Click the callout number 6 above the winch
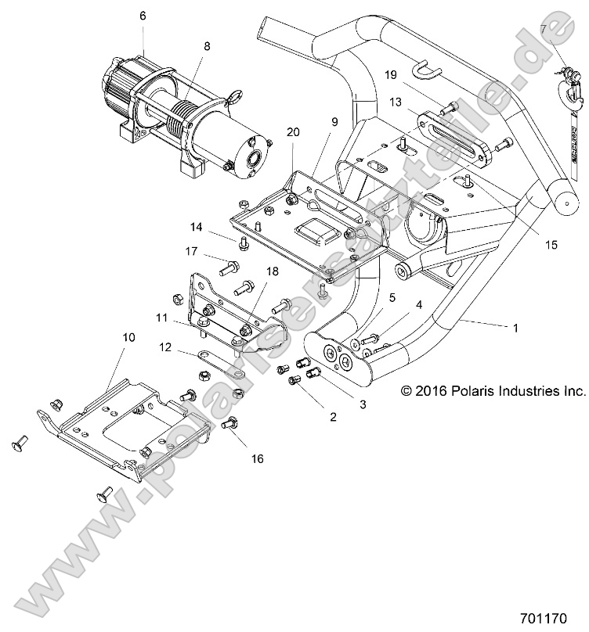click(x=142, y=15)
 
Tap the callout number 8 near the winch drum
click(x=207, y=47)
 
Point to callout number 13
click(x=396, y=102)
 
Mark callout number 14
click(x=195, y=228)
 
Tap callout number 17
click(x=190, y=252)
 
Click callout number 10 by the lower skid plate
click(x=128, y=337)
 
